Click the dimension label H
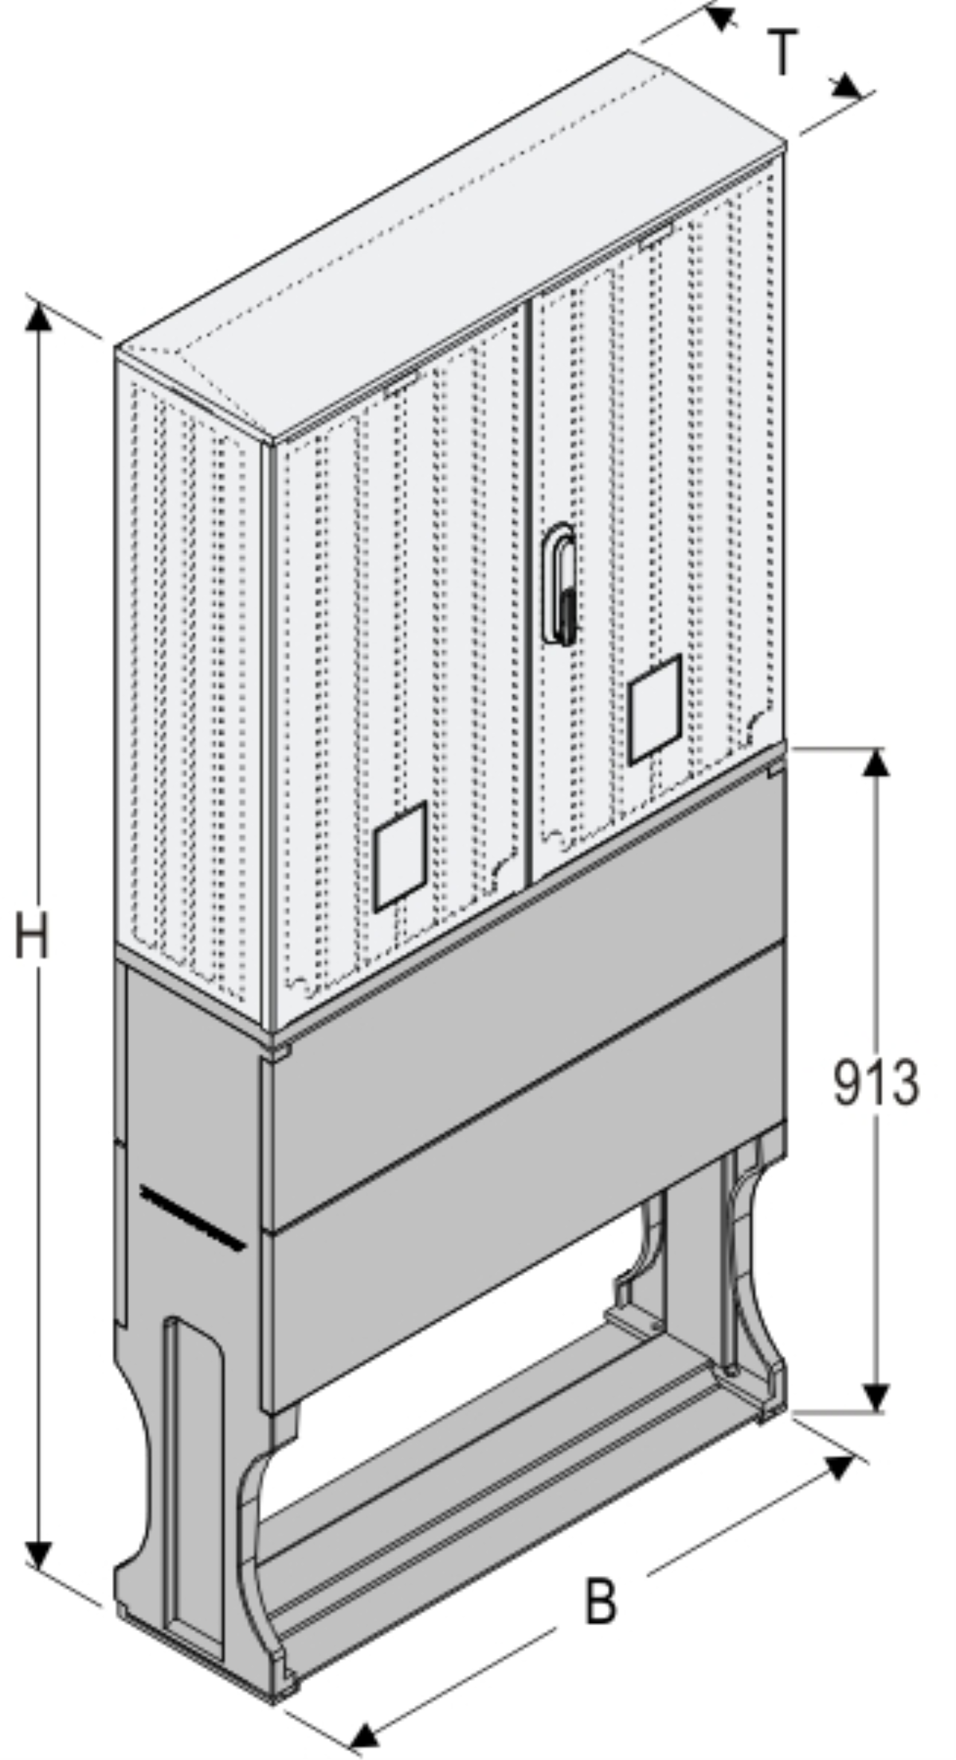[33, 936]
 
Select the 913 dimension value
[876, 1083]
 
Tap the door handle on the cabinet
[559, 583]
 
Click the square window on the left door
[401, 856]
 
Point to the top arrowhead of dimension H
[37, 316]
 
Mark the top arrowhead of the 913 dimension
[876, 762]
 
